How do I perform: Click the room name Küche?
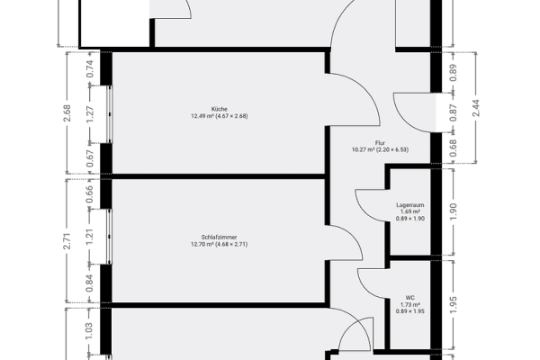coord(220,108)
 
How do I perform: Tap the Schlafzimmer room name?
coord(220,236)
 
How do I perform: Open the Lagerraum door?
coord(369,202)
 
